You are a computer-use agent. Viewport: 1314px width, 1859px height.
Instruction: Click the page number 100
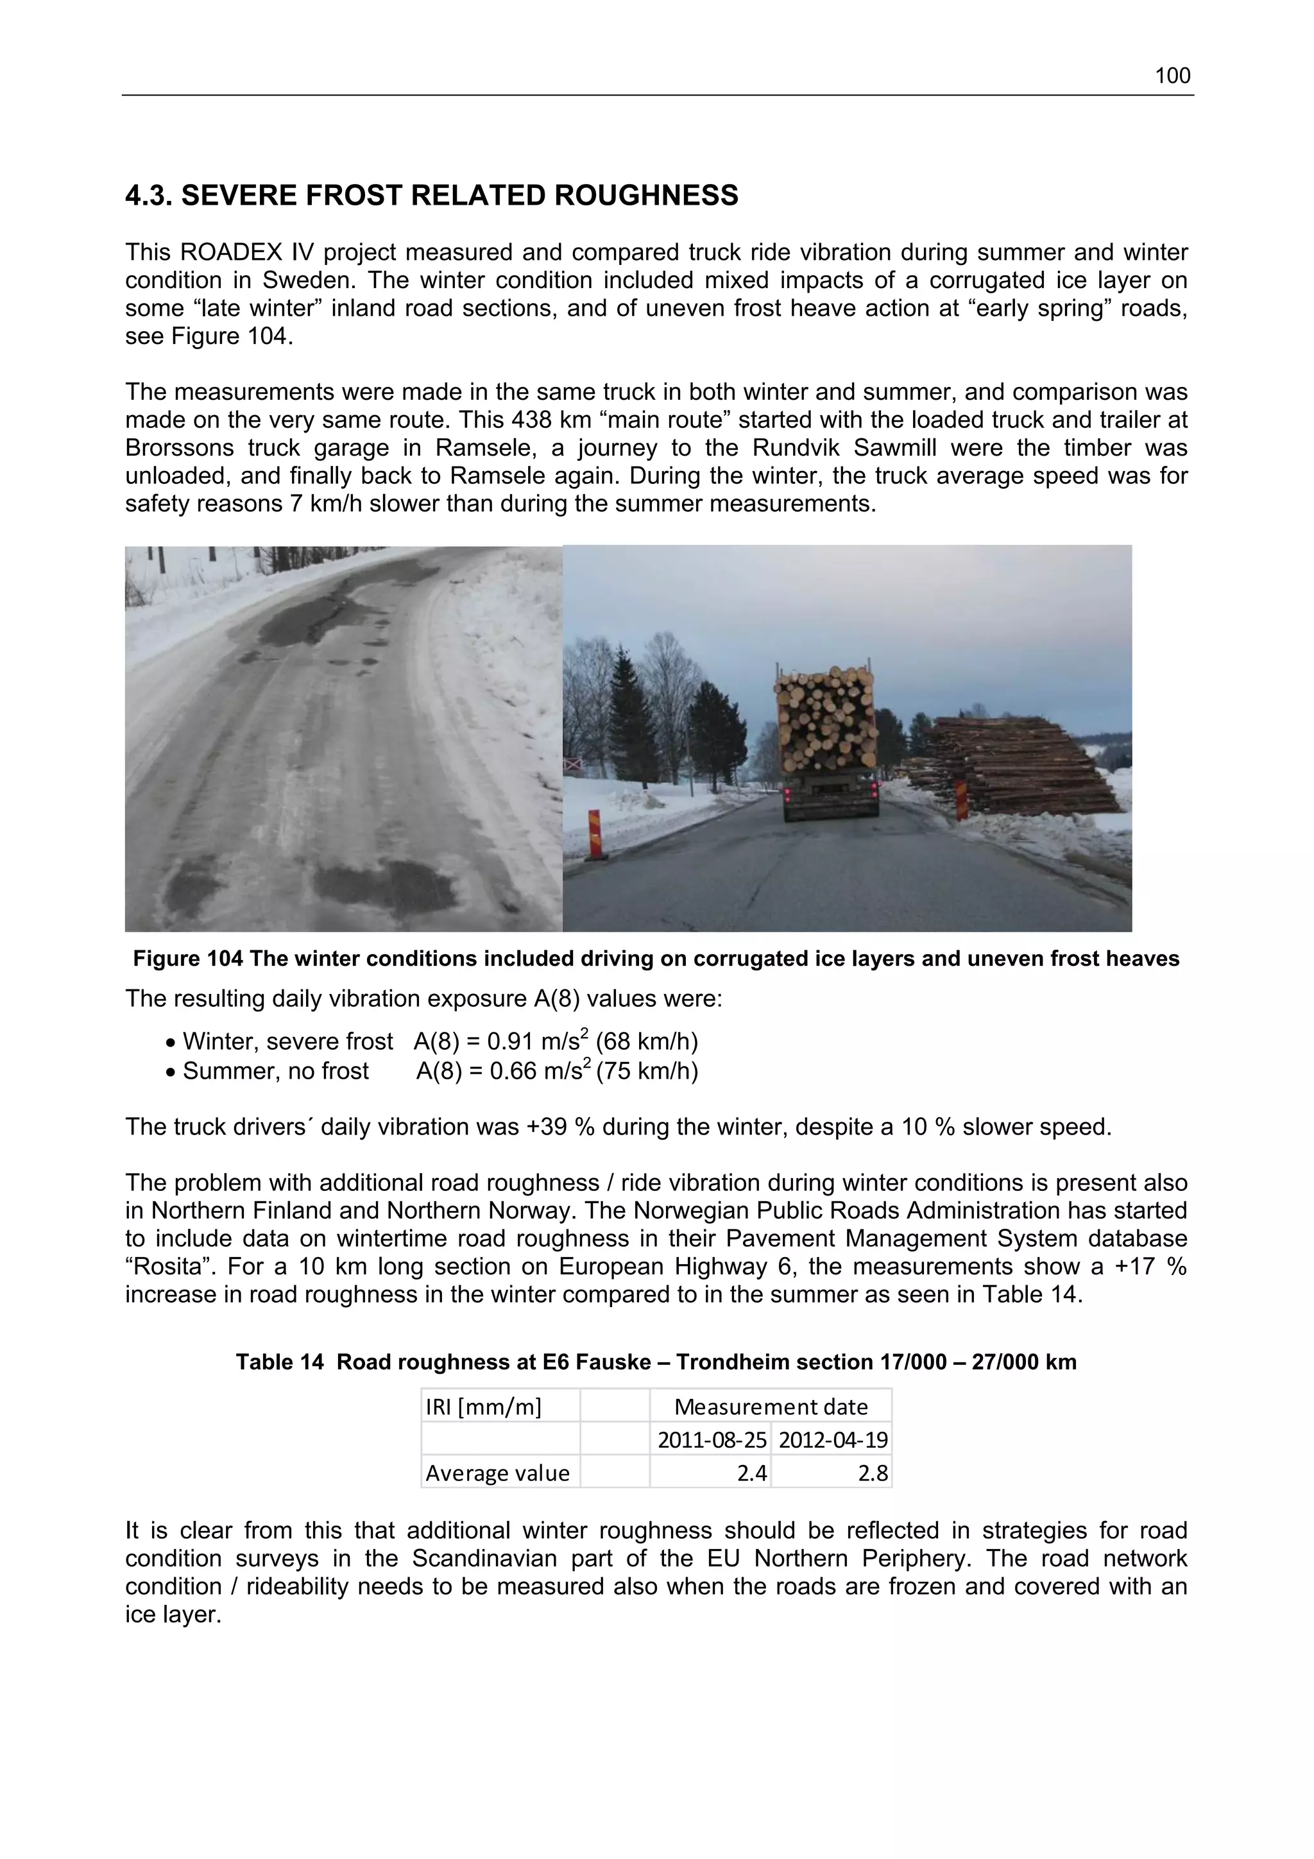(x=1172, y=76)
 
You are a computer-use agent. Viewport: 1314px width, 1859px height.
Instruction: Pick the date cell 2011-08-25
(x=711, y=1439)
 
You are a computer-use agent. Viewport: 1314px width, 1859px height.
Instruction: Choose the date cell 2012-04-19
(x=832, y=1439)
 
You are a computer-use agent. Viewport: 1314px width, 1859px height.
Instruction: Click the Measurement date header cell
(x=770, y=1407)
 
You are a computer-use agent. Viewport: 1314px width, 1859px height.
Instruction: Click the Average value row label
(x=497, y=1473)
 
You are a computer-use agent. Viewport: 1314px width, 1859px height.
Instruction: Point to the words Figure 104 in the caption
(x=188, y=959)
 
